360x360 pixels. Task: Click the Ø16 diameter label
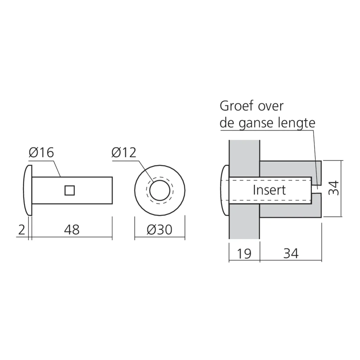[41, 152]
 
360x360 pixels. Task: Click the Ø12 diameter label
[124, 152]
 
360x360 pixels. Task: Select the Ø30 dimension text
[159, 230]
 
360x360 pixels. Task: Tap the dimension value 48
[72, 230]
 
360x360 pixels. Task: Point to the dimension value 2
[21, 230]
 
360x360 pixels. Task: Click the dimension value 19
[244, 254]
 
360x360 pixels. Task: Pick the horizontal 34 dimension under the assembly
[291, 254]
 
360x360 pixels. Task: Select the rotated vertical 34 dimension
[334, 188]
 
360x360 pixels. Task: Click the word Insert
[269, 190]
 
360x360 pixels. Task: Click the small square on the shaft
[69, 190]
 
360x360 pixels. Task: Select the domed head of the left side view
[28, 190]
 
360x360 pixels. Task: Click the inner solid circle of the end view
[160, 190]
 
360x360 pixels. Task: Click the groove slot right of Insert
[316, 189]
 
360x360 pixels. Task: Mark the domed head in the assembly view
[225, 190]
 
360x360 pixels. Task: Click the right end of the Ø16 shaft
[112, 190]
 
